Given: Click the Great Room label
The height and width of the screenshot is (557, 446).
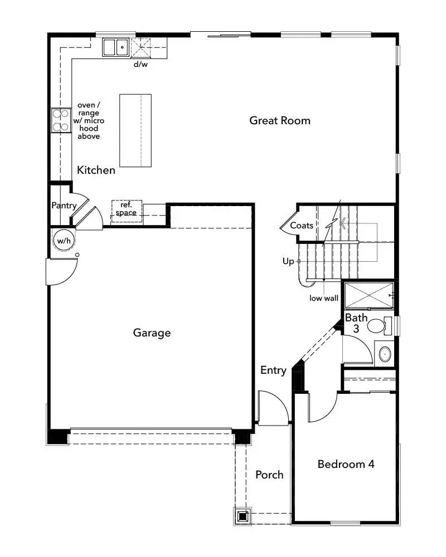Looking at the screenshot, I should (x=280, y=120).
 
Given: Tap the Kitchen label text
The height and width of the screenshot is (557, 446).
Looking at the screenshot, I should (x=96, y=170).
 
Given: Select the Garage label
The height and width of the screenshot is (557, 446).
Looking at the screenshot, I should (x=152, y=333).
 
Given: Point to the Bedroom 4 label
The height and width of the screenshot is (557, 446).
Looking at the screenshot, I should (x=346, y=464).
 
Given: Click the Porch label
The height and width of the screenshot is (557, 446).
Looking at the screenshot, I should (x=269, y=475).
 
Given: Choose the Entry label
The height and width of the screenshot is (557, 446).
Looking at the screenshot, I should (x=273, y=370).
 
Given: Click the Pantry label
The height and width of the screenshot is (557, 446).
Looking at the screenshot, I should (x=64, y=206).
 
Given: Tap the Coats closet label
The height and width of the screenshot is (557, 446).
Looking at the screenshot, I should (x=301, y=226).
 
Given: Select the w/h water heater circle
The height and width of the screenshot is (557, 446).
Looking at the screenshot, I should (x=62, y=241).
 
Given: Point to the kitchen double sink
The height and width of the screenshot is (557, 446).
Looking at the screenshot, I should (x=115, y=47).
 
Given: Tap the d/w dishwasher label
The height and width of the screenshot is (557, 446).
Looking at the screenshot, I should (x=140, y=64).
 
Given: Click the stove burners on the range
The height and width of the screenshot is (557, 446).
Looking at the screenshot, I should (x=58, y=121).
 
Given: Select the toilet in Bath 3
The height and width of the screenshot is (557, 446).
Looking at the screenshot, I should (x=380, y=325).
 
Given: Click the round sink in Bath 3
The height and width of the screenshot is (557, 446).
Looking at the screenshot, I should (x=384, y=353).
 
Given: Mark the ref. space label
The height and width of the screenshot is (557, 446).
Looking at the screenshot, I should (x=126, y=209).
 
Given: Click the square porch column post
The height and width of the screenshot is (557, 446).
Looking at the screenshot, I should (x=243, y=516).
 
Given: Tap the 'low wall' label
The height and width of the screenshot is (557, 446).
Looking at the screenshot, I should (x=324, y=298).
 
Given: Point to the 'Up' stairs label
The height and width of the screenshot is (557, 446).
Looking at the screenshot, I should (x=288, y=261).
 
